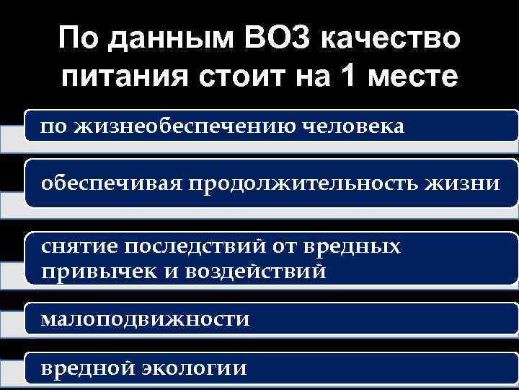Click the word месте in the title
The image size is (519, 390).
tap(414, 75)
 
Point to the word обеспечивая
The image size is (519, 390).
tap(112, 183)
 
